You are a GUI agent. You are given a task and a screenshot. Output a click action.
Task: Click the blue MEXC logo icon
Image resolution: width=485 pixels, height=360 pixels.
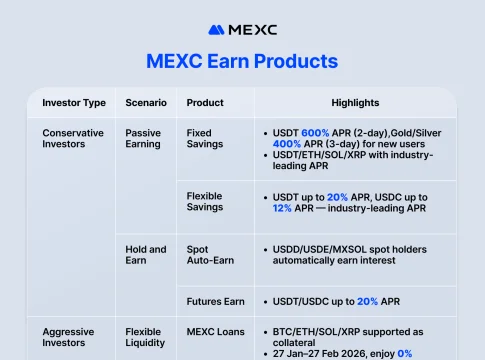[216, 30]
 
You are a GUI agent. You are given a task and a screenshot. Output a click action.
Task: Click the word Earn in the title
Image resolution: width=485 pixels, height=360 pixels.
[228, 61]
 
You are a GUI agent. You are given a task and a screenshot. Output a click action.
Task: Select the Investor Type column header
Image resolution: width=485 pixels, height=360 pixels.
[74, 103]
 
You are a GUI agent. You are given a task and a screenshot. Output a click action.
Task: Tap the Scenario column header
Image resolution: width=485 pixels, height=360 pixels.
[146, 103]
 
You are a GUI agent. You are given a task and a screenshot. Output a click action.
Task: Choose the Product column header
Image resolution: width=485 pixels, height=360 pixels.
[205, 103]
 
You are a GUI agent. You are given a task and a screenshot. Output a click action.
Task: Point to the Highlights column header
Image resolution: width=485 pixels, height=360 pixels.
[355, 103]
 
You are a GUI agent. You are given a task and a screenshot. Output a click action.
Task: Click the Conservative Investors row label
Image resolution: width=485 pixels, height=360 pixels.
[73, 138]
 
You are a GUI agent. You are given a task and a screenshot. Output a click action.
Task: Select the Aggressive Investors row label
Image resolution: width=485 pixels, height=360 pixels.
[68, 337]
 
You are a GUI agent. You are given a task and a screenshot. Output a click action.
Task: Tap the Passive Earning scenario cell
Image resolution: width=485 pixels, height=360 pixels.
[143, 138]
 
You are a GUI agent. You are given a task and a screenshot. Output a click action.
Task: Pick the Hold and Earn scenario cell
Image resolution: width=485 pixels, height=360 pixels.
[146, 255]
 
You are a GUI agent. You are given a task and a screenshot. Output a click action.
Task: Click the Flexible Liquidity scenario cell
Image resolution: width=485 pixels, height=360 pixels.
[145, 337]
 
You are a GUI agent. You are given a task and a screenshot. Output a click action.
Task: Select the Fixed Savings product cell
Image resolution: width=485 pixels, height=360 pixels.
[205, 138]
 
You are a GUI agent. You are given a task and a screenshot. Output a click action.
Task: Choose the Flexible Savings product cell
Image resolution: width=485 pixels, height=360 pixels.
[205, 201]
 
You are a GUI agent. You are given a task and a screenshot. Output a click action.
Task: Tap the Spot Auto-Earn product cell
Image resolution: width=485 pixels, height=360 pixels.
[210, 255]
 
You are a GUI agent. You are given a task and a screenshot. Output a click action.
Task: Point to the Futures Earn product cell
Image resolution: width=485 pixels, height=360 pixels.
[216, 301]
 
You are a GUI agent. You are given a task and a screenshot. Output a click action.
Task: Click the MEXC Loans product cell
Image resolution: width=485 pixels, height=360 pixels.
[216, 332]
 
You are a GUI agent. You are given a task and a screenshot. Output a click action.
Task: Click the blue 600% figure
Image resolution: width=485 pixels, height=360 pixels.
[315, 133]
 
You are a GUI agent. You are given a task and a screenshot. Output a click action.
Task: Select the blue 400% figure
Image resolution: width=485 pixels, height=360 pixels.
[287, 144]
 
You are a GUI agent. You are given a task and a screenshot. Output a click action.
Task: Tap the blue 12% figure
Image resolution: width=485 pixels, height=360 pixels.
[282, 208]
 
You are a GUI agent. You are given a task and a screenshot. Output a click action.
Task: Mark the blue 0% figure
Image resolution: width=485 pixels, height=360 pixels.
[405, 353]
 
